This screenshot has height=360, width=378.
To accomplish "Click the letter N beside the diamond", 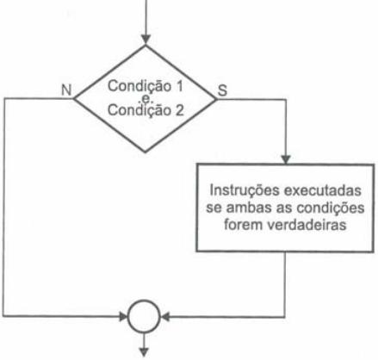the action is pos(66,90).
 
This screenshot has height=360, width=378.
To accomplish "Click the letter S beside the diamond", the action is pos(222,90).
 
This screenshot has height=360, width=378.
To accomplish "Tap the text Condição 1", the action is pos(146,86).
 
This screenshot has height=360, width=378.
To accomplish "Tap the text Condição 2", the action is pos(146,110).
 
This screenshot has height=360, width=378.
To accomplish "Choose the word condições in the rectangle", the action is pos(330,208).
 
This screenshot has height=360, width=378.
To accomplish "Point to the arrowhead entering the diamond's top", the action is pos(146,40).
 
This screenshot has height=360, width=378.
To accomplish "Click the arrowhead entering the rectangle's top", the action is pos(286,159).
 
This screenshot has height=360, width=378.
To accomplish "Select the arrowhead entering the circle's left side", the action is pos(124,317).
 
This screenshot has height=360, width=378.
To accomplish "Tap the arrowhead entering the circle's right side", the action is pos(165,317).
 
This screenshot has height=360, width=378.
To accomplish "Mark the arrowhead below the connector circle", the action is pos(144,352).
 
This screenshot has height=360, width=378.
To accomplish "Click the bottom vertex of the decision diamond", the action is pos(146,152).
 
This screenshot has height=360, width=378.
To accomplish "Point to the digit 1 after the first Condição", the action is pos(179,86).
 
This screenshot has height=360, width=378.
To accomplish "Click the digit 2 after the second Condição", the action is pos(179,110).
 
